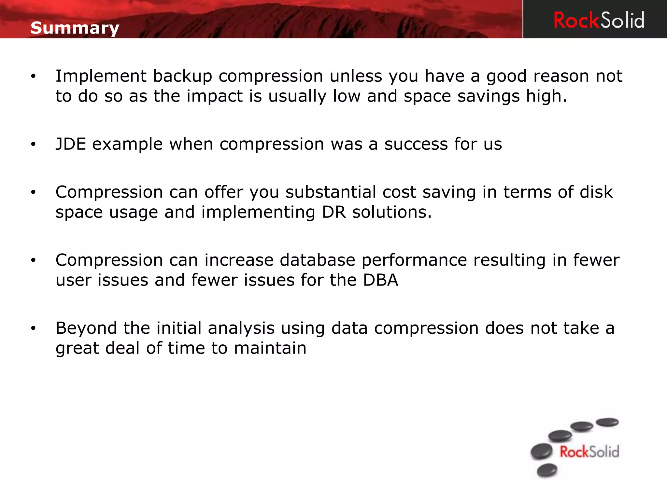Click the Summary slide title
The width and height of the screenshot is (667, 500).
click(75, 28)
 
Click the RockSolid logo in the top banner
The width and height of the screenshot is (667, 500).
click(599, 20)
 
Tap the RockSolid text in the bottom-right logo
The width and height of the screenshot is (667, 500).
click(589, 452)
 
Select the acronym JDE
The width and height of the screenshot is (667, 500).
click(71, 144)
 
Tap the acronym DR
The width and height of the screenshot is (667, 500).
click(334, 212)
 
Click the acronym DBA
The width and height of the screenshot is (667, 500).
click(380, 280)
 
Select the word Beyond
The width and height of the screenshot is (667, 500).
click(86, 328)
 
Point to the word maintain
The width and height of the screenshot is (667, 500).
click(270, 348)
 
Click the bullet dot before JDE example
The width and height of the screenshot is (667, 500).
click(33, 144)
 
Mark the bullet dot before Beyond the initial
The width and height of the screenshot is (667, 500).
click(33, 328)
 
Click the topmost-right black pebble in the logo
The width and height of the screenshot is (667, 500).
click(607, 422)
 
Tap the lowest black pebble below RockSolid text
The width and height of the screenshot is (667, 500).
click(547, 470)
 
